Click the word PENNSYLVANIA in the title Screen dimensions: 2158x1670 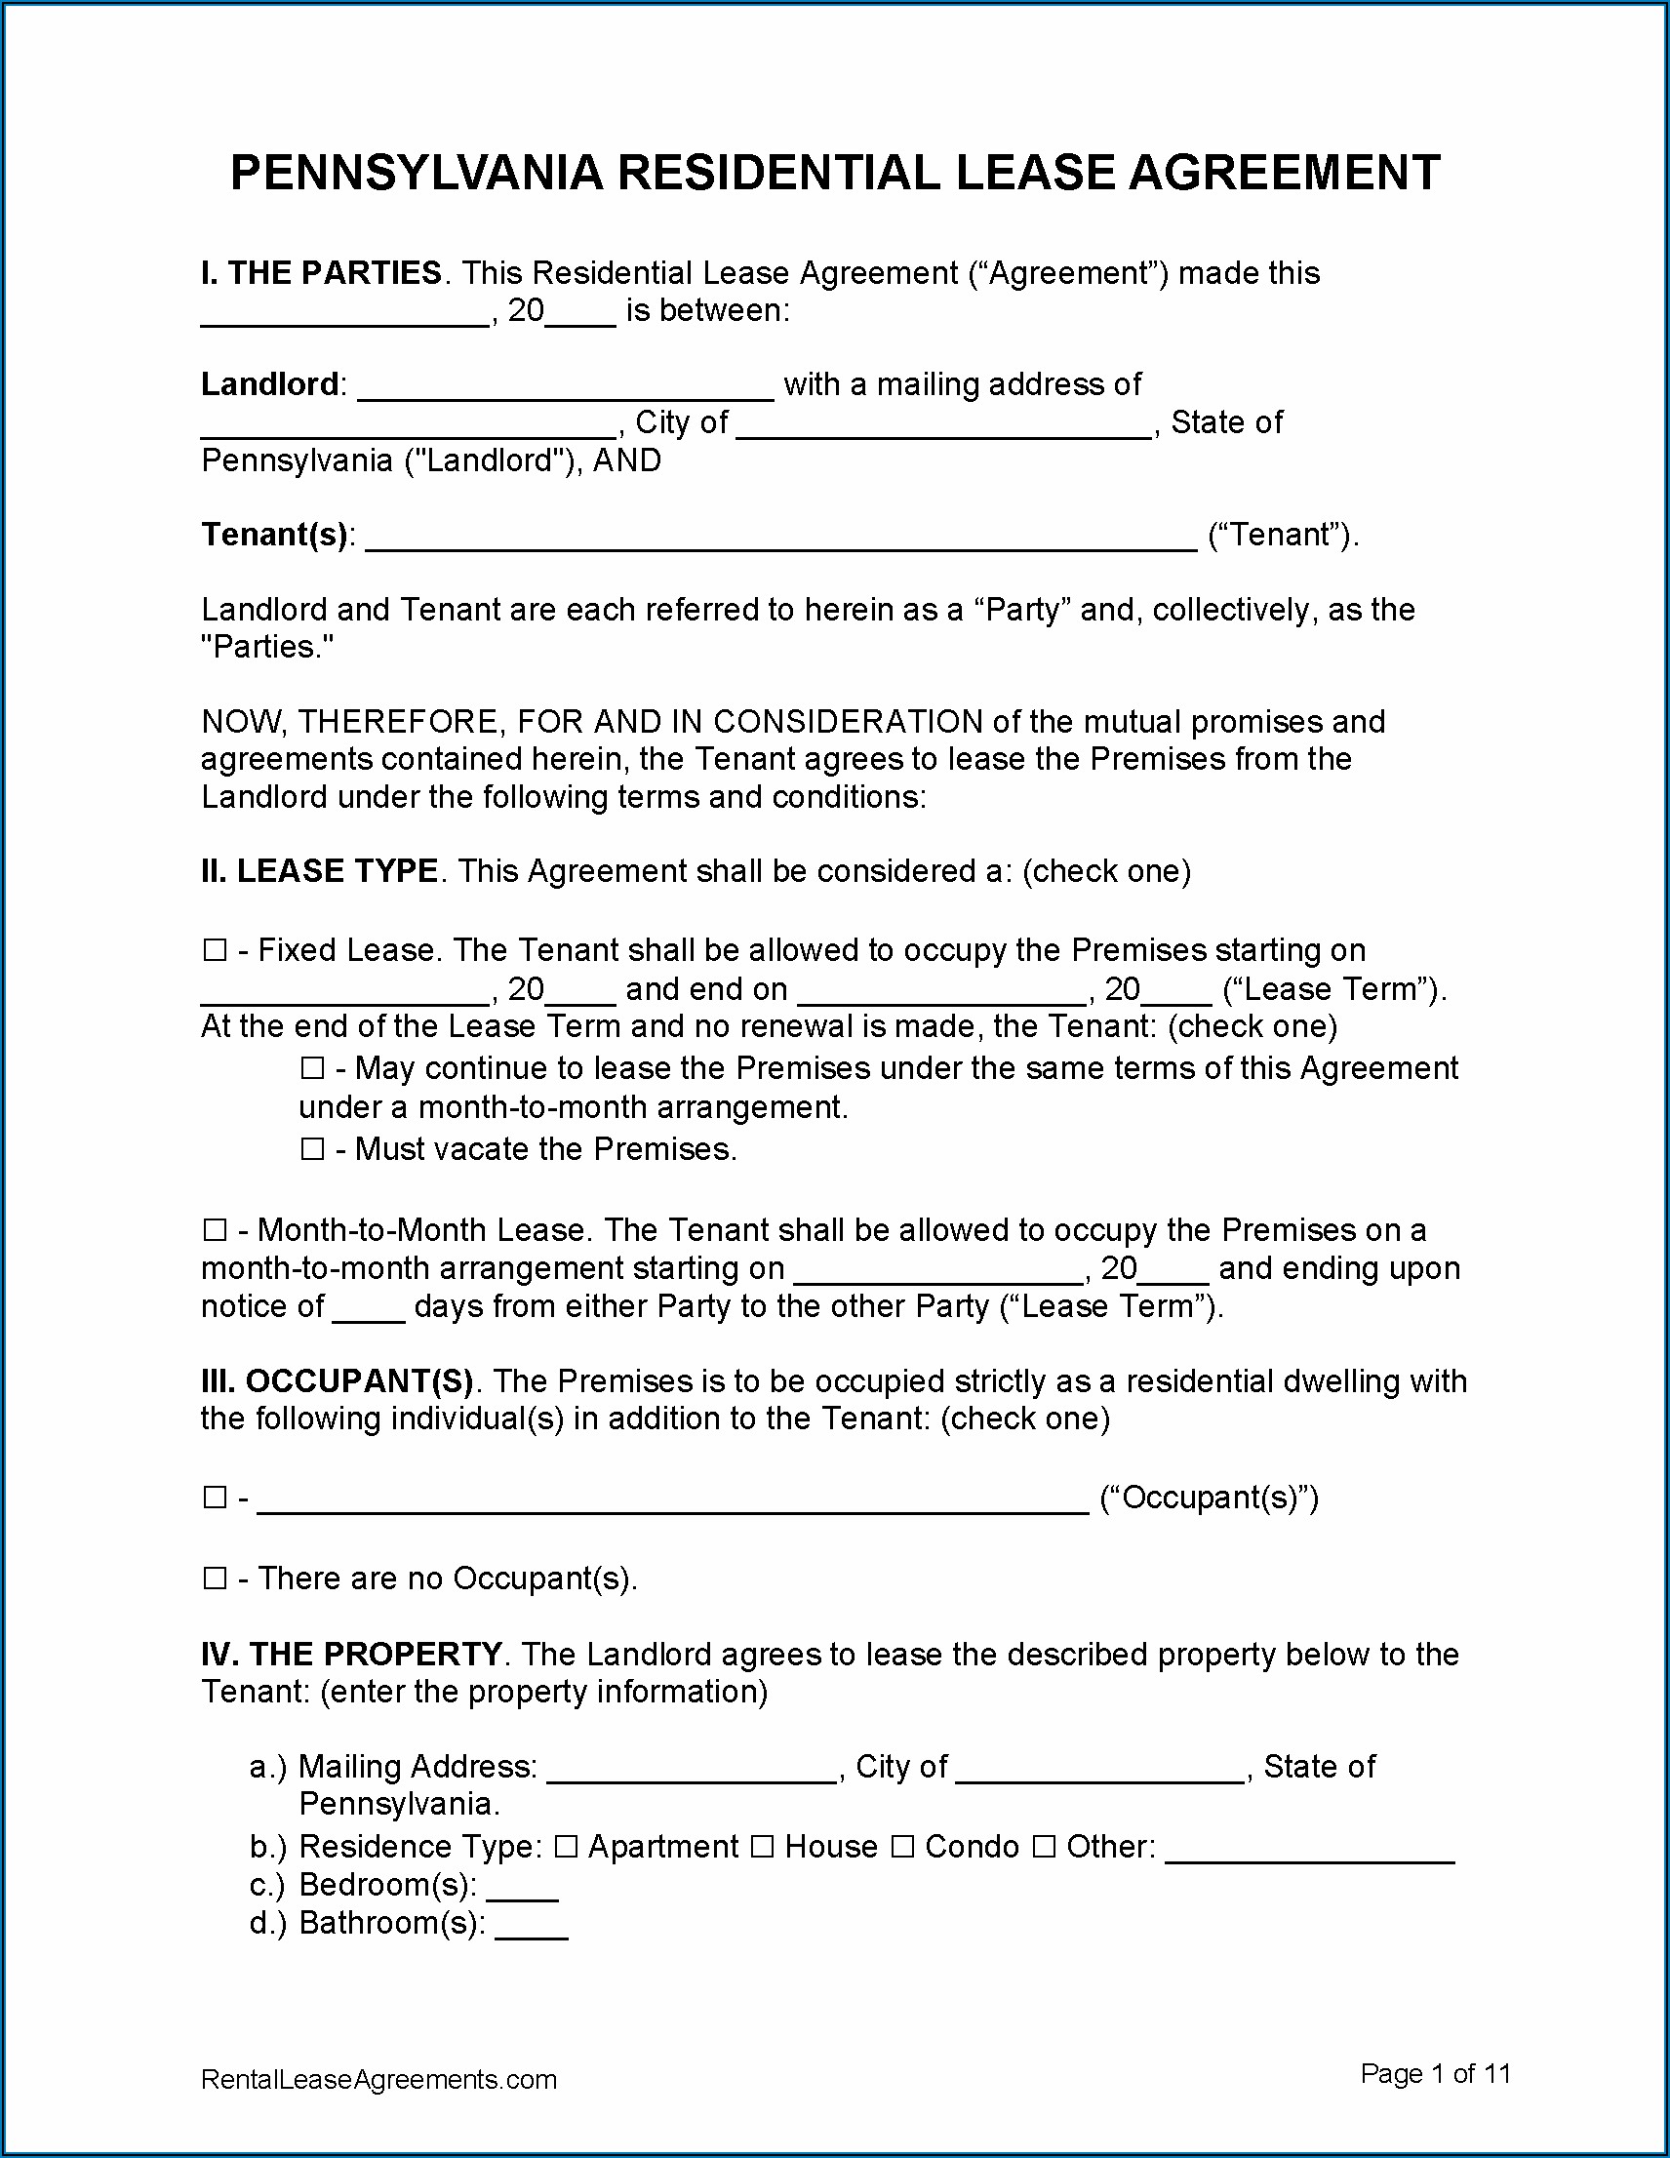point(416,174)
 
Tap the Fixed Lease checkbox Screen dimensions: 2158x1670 point(215,950)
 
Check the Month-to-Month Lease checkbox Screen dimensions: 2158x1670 point(215,1230)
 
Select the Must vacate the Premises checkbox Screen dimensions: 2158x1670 point(312,1149)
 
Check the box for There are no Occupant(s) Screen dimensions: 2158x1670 point(215,1579)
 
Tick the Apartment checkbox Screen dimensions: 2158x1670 point(565,1847)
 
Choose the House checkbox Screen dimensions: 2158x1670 point(762,1847)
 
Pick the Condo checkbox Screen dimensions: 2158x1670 point(902,1847)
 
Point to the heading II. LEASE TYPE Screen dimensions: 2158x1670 point(319,871)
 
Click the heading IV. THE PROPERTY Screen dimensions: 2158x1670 point(352,1655)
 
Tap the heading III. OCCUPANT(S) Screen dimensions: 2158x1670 point(337,1381)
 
